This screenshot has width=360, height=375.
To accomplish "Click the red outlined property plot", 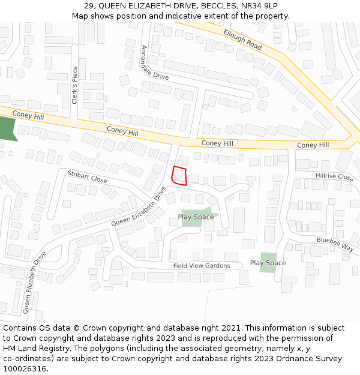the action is coord(179,176).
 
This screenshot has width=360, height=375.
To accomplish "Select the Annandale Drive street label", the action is coord(154,62).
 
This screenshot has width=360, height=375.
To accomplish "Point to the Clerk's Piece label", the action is coord(75,85).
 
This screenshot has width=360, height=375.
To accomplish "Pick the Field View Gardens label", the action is coord(202,266).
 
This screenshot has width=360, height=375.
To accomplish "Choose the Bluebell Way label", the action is coord(335,244).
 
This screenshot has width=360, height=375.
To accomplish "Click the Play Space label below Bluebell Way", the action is coord(268,263).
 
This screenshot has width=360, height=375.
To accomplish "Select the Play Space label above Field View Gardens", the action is coord(196,217).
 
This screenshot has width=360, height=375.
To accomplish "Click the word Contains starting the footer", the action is coord(20,328).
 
